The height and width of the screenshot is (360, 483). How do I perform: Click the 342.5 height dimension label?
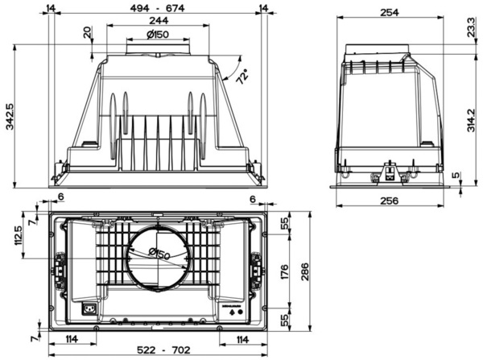[10, 117]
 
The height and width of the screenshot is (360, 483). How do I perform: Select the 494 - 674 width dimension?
[157, 8]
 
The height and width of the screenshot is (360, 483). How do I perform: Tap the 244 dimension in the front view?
[159, 21]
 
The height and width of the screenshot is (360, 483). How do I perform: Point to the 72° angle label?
[243, 77]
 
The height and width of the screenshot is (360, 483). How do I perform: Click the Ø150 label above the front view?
[158, 34]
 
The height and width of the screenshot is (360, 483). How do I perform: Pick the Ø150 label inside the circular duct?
[159, 254]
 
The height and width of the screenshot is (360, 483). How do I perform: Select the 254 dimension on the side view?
[390, 13]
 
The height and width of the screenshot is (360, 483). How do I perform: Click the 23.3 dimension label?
[471, 27]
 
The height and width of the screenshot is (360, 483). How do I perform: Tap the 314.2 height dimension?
[471, 121]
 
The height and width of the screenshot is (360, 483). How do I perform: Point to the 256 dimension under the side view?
[390, 201]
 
